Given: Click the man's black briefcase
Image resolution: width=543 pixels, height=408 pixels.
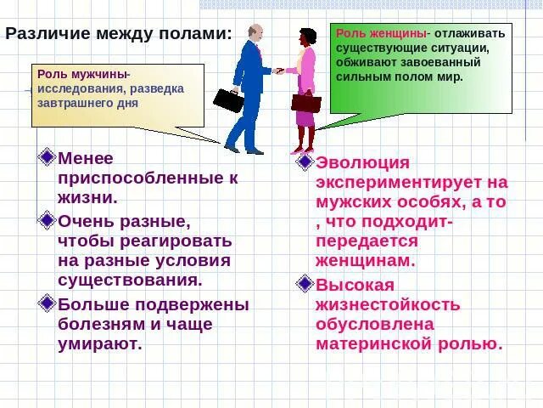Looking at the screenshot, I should pos(228,100).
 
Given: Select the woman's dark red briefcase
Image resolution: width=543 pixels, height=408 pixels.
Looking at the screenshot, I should pos(306,103).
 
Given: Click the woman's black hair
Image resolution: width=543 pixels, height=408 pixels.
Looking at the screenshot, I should pos(306,37).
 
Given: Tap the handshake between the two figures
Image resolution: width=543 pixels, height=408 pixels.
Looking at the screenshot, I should pos(278,71).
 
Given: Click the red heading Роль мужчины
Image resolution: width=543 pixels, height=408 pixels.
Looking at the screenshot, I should pos(84,74).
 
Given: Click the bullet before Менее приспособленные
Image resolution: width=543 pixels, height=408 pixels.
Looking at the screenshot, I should pos(47,156).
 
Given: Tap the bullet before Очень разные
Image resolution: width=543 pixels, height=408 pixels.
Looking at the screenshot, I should pos(47,220).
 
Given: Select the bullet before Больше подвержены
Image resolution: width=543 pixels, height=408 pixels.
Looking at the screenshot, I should pos(47,303).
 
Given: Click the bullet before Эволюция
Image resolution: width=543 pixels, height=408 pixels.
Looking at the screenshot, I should pos(304,161).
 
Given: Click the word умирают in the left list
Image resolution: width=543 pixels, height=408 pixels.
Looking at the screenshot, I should pos(100,344).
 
